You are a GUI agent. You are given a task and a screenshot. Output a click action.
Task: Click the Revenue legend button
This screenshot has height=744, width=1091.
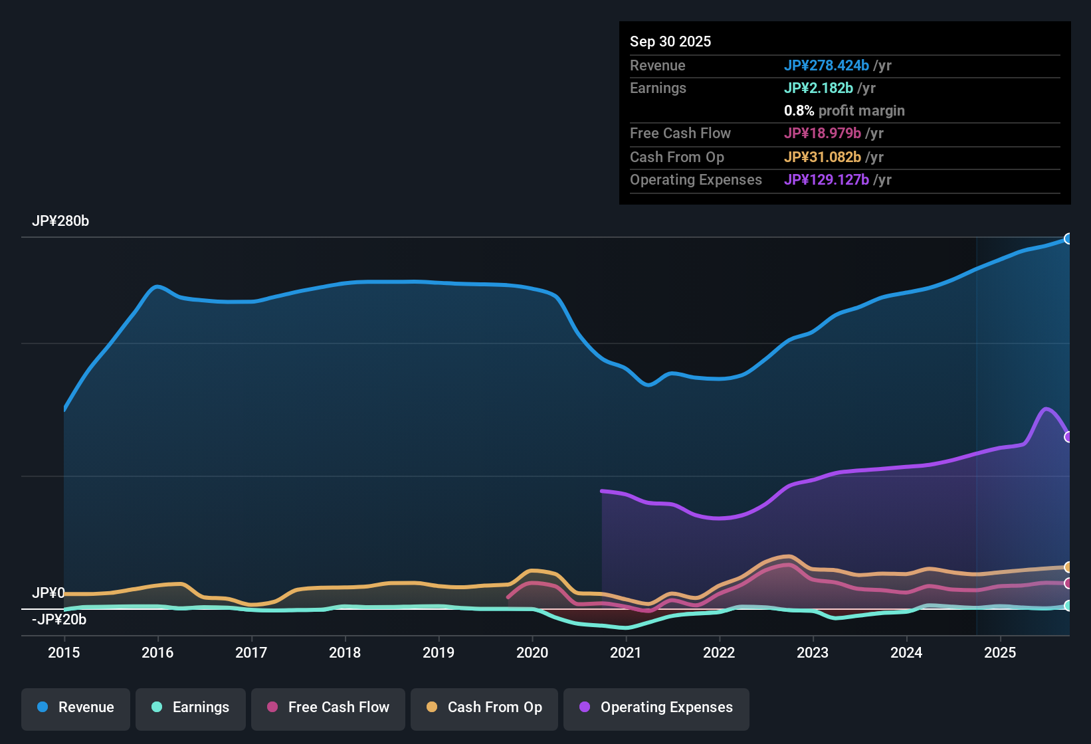coord(76,707)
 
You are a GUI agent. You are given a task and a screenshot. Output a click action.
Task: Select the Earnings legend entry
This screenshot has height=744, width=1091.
coord(191,707)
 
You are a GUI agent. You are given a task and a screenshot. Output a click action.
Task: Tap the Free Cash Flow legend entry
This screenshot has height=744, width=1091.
coord(328,707)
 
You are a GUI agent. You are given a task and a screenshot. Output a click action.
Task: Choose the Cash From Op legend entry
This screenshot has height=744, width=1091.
coord(484,707)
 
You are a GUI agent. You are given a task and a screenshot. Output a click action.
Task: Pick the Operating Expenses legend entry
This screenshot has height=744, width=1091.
coord(656,707)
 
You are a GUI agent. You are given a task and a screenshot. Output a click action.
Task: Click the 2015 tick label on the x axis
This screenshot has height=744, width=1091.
coord(64,652)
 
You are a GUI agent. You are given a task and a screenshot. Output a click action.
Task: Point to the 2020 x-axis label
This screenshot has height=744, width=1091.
coord(532,652)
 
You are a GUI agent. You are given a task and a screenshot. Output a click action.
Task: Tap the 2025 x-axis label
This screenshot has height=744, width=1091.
coord(1000,652)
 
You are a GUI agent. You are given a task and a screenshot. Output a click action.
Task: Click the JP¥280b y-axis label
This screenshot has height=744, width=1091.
coord(60,221)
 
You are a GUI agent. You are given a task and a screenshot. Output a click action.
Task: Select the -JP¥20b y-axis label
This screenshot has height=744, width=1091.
coord(59,620)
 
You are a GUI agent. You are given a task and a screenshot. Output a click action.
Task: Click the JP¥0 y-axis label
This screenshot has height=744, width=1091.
coord(49,593)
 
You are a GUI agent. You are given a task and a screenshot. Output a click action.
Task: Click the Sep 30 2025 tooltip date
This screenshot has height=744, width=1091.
coord(670,41)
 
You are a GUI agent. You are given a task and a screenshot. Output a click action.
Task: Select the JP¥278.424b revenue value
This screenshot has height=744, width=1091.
coord(826,65)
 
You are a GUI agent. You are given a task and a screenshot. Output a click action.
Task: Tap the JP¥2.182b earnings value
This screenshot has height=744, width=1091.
coord(818,88)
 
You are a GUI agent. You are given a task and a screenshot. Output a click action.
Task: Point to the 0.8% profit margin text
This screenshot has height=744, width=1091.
coord(844,110)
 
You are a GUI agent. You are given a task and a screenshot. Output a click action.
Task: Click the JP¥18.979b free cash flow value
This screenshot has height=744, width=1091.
coord(822,133)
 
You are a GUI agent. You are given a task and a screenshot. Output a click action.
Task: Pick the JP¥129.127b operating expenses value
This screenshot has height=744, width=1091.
coord(826,179)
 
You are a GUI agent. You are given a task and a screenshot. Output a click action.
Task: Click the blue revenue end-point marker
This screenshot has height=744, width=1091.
coord(1068,238)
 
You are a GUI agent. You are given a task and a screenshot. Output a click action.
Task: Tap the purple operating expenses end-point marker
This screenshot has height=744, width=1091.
coord(1068,437)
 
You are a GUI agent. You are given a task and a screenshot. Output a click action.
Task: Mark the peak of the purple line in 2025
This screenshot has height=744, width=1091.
coord(1046,409)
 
